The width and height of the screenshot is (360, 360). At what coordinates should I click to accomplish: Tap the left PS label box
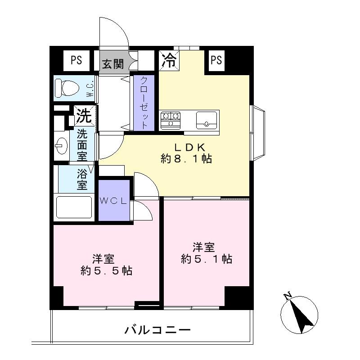[76, 60]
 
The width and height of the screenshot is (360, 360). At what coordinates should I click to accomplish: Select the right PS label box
[216, 60]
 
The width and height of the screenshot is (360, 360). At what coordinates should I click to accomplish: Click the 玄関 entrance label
[112, 63]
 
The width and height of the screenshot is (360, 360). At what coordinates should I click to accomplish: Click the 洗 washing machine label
[84, 116]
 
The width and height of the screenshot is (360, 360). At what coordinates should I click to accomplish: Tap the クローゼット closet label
[144, 102]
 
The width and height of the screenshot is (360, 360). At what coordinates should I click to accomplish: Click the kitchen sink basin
[207, 119]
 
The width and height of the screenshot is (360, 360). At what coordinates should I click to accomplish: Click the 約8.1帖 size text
[186, 159]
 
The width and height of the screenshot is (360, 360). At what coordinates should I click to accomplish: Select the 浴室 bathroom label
[82, 179]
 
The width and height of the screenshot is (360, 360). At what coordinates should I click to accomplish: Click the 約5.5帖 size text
[106, 271]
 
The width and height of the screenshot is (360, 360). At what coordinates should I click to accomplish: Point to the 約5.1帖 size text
[207, 259]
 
